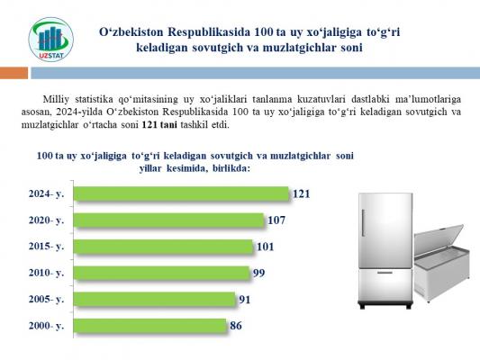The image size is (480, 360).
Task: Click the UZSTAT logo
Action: point(50,40)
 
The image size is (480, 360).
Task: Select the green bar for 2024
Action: point(181,193)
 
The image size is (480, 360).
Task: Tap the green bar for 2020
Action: point(168,220)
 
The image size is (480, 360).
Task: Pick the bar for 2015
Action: point(163,247)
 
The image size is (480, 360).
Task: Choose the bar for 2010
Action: point(161,273)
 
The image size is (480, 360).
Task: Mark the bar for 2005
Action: point(154,299)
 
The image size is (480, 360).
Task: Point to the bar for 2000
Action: point(150,326)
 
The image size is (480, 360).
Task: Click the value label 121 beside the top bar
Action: point(302,193)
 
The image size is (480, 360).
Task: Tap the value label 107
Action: point(276,220)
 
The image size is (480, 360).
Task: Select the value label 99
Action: point(259,273)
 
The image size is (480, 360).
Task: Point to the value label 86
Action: point(236,326)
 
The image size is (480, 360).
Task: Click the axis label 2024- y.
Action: point(46,193)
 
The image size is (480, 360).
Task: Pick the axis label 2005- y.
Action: point(46,299)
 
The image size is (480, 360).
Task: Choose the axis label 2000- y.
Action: point(46,326)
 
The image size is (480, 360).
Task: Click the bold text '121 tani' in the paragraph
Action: point(159,125)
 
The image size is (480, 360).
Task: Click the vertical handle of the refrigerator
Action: point(363,222)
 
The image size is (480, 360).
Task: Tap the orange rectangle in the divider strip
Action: point(14,73)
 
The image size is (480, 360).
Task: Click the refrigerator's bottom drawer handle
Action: point(385,273)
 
